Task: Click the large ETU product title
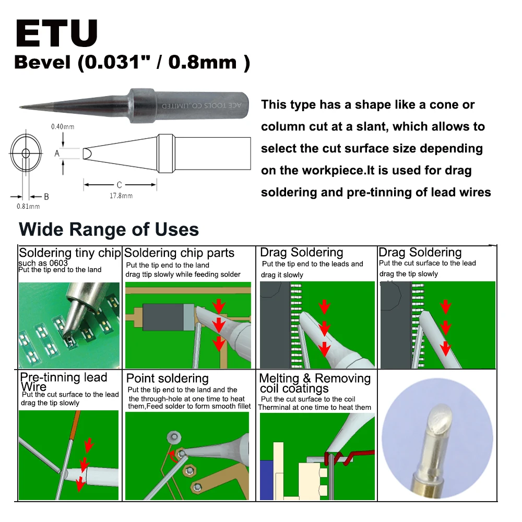tap(56, 35)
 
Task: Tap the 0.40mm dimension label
tap(62, 127)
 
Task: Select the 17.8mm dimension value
tap(121, 196)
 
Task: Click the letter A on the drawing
tap(57, 153)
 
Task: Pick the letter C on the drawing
tap(120, 185)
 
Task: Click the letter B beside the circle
tap(46, 197)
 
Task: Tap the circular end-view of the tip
tap(26, 153)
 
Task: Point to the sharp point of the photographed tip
tap(21, 108)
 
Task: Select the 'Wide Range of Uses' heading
tap(109, 230)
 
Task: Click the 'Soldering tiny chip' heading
tap(69, 254)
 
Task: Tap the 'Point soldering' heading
tap(167, 378)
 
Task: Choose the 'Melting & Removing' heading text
tap(315, 378)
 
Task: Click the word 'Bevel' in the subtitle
tap(42, 63)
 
